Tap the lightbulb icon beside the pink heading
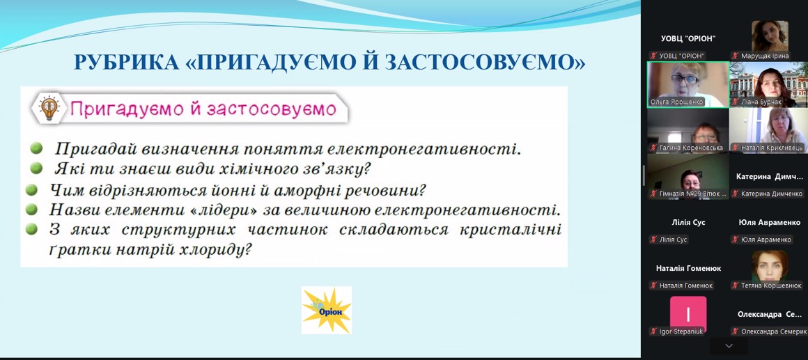pyautogui.click(x=49, y=109)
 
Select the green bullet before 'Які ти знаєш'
pyautogui.click(x=36, y=168)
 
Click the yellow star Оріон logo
pyautogui.click(x=327, y=310)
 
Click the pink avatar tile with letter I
pyautogui.click(x=688, y=313)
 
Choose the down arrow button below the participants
pyautogui.click(x=729, y=345)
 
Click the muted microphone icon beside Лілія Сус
pyautogui.click(x=653, y=240)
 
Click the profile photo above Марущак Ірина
pyautogui.click(x=770, y=36)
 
